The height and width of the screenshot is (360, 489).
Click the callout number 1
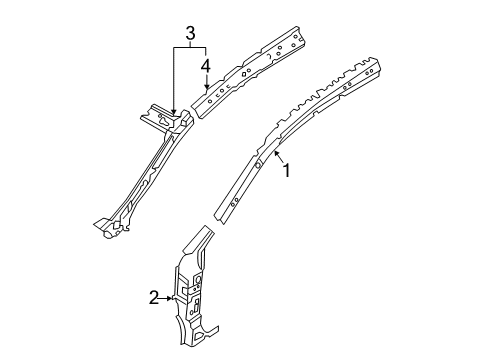(x=287, y=171)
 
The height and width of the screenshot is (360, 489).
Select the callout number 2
(x=153, y=298)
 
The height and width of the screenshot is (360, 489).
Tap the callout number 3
(x=189, y=33)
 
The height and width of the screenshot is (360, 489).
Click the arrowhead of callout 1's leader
(x=275, y=153)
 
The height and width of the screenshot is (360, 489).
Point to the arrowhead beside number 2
(x=170, y=298)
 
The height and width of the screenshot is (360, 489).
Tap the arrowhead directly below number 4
(x=207, y=86)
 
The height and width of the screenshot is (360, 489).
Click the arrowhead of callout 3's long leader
(x=173, y=111)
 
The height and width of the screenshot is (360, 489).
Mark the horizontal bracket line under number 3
(x=190, y=48)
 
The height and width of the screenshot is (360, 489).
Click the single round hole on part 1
(x=258, y=165)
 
